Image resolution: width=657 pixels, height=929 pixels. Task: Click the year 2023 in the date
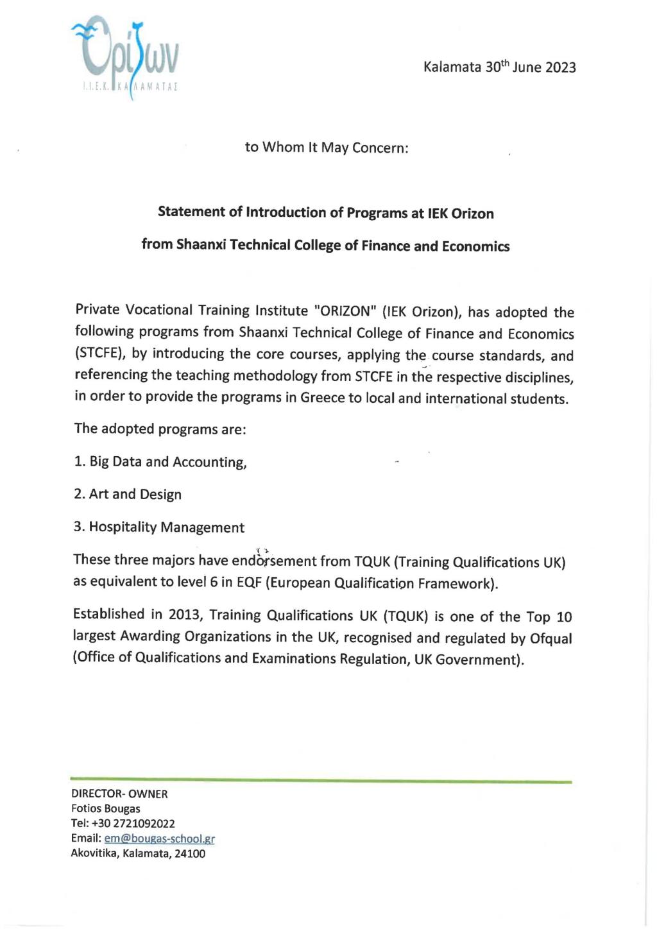[560, 67]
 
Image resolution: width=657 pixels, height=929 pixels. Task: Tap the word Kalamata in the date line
[452, 67]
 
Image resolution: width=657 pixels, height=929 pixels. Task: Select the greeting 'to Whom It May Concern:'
[327, 148]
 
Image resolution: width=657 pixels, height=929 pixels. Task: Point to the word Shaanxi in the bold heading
[199, 246]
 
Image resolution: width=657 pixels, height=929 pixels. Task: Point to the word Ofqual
[550, 638]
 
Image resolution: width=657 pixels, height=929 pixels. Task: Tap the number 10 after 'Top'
[564, 617]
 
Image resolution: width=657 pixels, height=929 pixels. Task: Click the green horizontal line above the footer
[321, 781]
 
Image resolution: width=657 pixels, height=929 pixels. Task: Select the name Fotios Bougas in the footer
[106, 809]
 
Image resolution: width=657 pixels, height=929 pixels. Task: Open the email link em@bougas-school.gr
[159, 839]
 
